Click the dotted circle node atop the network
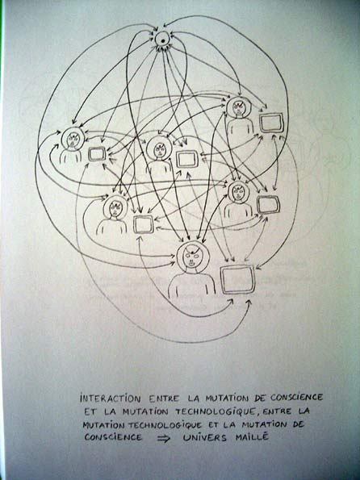[x=161, y=40]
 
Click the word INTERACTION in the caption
[x=111, y=399]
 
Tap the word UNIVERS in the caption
[x=205, y=437]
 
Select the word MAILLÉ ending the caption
[x=252, y=436]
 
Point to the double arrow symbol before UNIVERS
[x=163, y=438]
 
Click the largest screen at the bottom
[x=237, y=280]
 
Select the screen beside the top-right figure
[x=271, y=123]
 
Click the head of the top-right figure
[x=238, y=107]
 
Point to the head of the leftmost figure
[x=73, y=139]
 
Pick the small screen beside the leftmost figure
[x=97, y=154]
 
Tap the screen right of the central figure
[x=186, y=159]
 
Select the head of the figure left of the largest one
[x=115, y=207]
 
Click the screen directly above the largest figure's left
[x=143, y=224]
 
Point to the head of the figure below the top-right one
[x=239, y=192]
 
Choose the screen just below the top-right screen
[x=268, y=205]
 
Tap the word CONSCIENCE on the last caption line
[x=113, y=436]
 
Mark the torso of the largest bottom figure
[x=191, y=286]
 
